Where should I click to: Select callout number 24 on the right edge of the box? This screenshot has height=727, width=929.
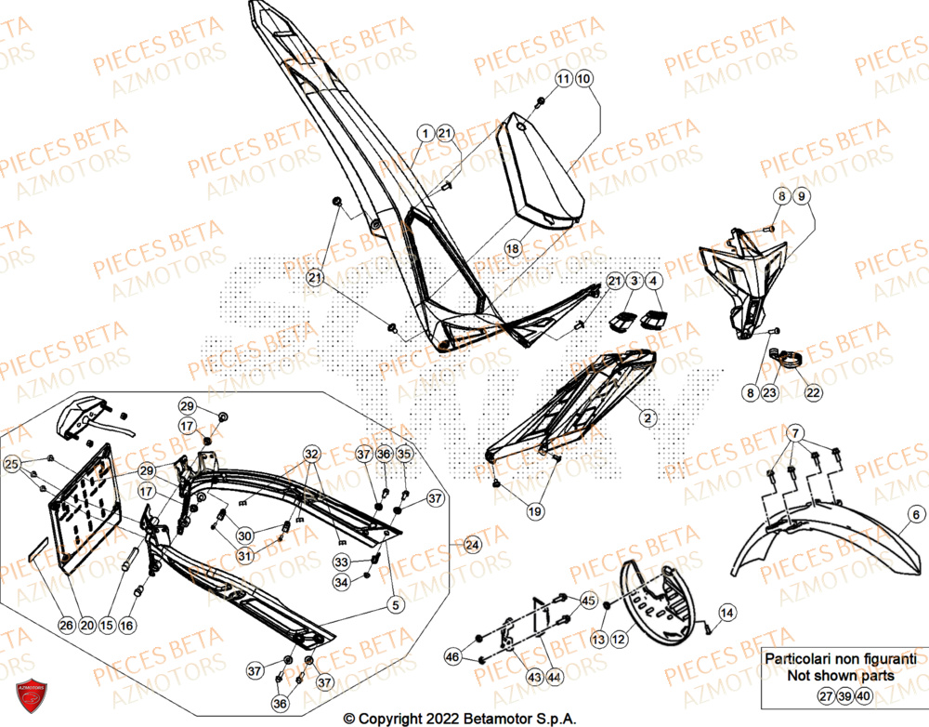[472, 544]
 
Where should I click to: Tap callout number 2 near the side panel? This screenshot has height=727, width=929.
[644, 419]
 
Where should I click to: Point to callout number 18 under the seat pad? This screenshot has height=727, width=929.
[511, 248]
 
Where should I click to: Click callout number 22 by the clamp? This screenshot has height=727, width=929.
[813, 393]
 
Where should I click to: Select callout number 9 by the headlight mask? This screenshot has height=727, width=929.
[802, 196]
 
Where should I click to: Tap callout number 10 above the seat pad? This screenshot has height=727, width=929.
[582, 80]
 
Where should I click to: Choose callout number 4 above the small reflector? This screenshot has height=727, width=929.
[655, 280]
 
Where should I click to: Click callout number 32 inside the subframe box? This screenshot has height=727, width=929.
[310, 454]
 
